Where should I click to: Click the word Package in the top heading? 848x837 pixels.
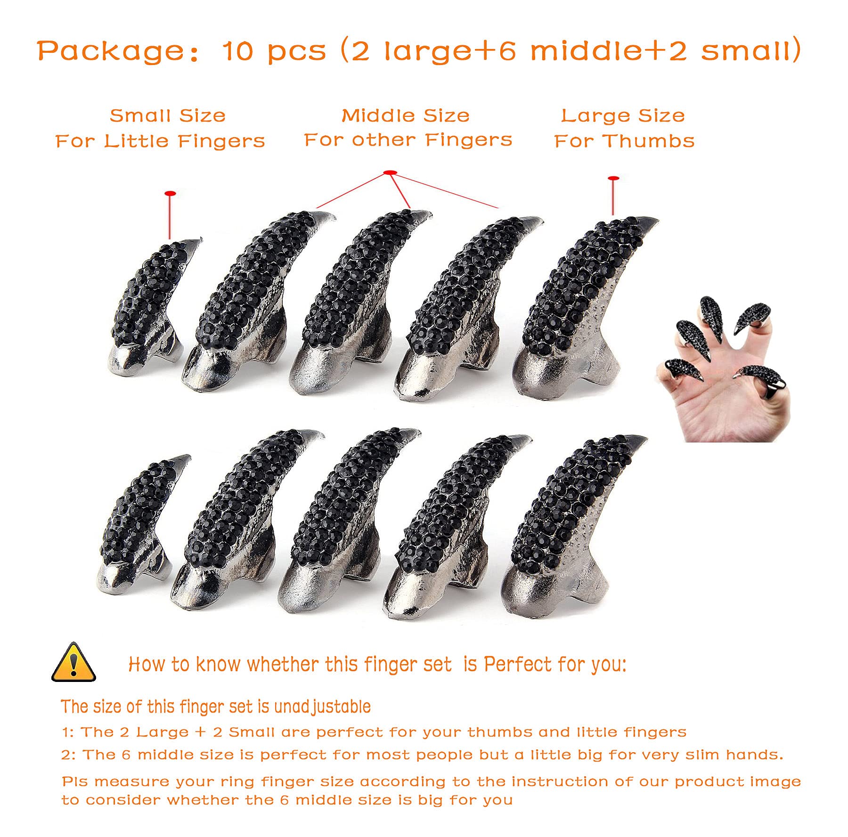tap(110, 51)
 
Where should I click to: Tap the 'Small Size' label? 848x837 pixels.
tap(167, 115)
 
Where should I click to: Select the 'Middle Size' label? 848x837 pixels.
tap(405, 115)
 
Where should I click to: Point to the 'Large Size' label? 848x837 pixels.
tap(622, 115)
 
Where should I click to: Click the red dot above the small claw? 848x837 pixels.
tap(170, 193)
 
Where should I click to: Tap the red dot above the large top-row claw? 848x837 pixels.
tap(613, 179)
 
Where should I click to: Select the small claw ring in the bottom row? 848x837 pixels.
tap(139, 523)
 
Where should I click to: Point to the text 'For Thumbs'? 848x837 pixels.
tap(624, 141)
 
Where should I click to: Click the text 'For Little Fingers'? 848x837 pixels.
tap(160, 141)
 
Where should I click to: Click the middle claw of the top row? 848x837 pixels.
tap(358, 302)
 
